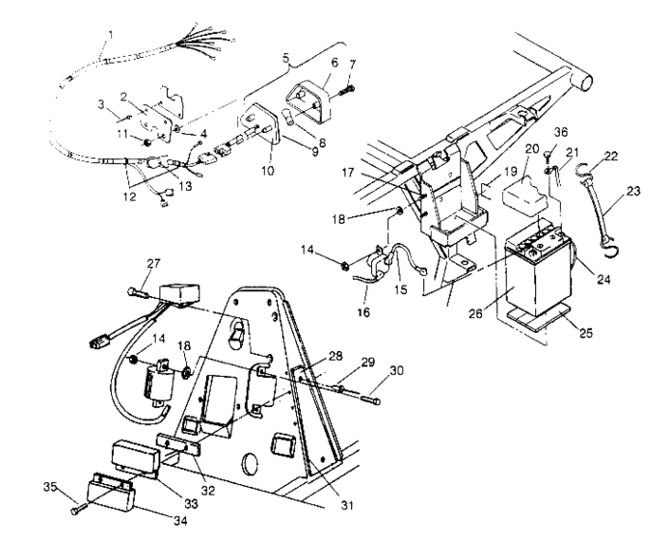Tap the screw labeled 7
pyautogui.click(x=347, y=92)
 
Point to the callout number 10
pyautogui.click(x=267, y=171)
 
